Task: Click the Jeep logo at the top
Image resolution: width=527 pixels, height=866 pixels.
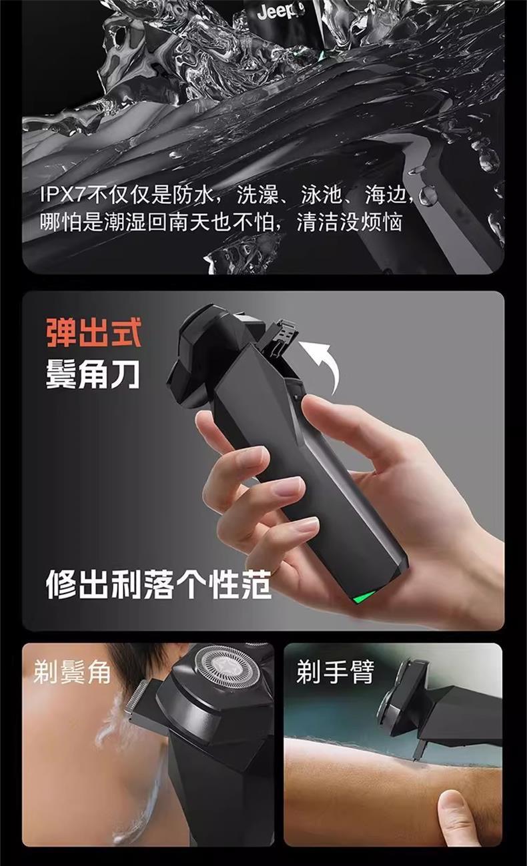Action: pyautogui.click(x=280, y=11)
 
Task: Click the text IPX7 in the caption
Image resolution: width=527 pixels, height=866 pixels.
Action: pyautogui.click(x=62, y=195)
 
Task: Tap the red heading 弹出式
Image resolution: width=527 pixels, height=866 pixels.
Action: pyautogui.click(x=94, y=333)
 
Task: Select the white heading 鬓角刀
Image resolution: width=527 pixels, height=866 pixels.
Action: pyautogui.click(x=93, y=374)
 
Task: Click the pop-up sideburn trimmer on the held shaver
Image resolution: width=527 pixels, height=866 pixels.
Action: pyautogui.click(x=281, y=336)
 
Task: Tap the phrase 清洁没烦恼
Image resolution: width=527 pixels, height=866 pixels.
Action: pyautogui.click(x=349, y=222)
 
